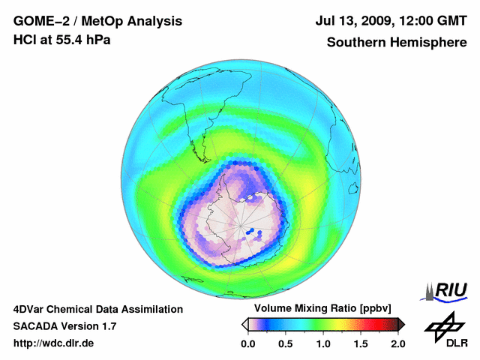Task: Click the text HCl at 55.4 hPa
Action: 62,40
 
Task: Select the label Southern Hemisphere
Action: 395,42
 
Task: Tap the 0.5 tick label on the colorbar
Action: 286,343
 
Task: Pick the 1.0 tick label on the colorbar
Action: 323,343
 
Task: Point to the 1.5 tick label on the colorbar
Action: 361,343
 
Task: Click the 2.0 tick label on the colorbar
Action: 397,343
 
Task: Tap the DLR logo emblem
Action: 443,325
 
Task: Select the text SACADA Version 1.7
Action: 65,326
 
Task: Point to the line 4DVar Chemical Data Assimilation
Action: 97,309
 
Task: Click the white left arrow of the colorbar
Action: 244,324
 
